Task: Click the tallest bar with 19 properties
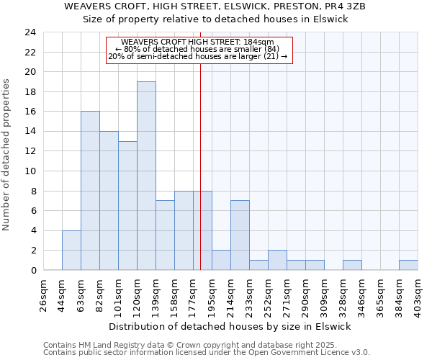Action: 146,176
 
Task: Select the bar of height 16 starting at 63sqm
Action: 90,191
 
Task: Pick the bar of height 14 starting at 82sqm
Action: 109,201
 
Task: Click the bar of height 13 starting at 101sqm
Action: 127,206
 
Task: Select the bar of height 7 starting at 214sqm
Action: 240,235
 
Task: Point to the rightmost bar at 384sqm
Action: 408,265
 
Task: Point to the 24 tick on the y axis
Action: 30,32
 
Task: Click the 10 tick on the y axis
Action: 30,171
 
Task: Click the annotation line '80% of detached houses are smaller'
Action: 197,49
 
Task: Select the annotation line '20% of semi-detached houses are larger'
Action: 197,56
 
